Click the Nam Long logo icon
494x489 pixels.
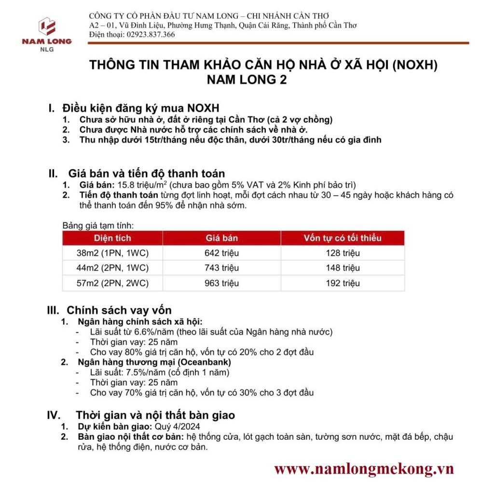point(47,26)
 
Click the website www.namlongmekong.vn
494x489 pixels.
point(364,469)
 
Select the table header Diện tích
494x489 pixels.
point(112,238)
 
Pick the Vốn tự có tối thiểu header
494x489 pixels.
point(343,238)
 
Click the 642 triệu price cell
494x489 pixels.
point(221,253)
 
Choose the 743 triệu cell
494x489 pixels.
point(221,268)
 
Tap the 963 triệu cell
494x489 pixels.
point(221,283)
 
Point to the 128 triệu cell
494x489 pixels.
point(343,253)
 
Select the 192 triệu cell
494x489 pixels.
point(343,283)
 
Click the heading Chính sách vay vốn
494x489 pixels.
point(119,310)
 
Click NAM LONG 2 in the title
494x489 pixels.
point(247,80)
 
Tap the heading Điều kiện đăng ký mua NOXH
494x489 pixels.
point(141,108)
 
